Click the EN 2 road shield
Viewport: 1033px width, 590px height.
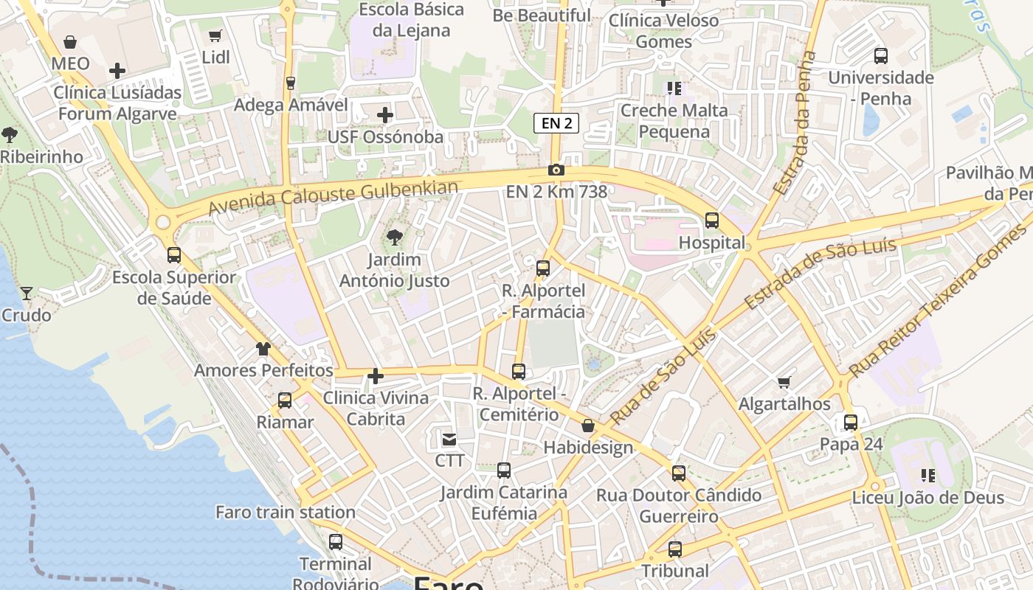(556, 123)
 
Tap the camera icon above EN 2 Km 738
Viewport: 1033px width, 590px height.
(556, 170)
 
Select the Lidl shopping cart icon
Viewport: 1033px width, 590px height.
(215, 36)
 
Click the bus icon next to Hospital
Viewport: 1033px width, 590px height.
(711, 220)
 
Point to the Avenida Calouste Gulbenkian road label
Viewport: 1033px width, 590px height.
(333, 198)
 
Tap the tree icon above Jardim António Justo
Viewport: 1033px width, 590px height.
(395, 237)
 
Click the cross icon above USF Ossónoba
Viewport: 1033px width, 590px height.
(384, 115)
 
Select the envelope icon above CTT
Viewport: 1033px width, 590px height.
(449, 440)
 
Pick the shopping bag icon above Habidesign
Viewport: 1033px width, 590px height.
(588, 426)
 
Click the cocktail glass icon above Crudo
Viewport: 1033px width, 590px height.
(27, 294)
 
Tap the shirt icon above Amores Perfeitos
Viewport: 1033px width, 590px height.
(263, 349)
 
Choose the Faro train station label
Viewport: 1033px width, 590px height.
(286, 512)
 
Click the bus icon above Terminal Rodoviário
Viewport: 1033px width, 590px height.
(336, 542)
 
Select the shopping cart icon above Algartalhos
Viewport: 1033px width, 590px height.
(784, 382)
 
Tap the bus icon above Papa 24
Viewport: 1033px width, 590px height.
(851, 423)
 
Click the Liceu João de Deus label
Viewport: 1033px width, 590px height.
(928, 497)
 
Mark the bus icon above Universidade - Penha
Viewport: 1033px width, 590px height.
(880, 56)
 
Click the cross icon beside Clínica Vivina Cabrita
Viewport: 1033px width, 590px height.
(376, 377)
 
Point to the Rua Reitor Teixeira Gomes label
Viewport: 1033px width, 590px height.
(937, 301)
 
